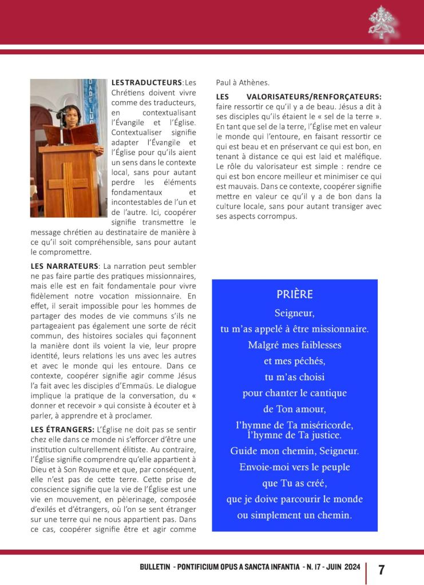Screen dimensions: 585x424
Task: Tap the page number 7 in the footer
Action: point(382,570)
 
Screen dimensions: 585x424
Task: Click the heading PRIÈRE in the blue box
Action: point(295,295)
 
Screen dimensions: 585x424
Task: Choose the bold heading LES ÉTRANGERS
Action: point(62,429)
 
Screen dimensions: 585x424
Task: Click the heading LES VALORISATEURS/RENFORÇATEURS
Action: point(299,97)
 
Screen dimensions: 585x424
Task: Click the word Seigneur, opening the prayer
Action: point(295,313)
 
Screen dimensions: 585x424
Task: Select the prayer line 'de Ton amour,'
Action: point(294,409)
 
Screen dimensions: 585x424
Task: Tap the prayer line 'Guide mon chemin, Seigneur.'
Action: point(295,451)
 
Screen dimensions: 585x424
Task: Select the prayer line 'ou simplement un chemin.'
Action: point(294,515)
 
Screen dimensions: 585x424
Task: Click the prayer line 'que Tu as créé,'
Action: point(294,483)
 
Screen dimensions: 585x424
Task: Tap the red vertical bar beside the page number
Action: point(366,570)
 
